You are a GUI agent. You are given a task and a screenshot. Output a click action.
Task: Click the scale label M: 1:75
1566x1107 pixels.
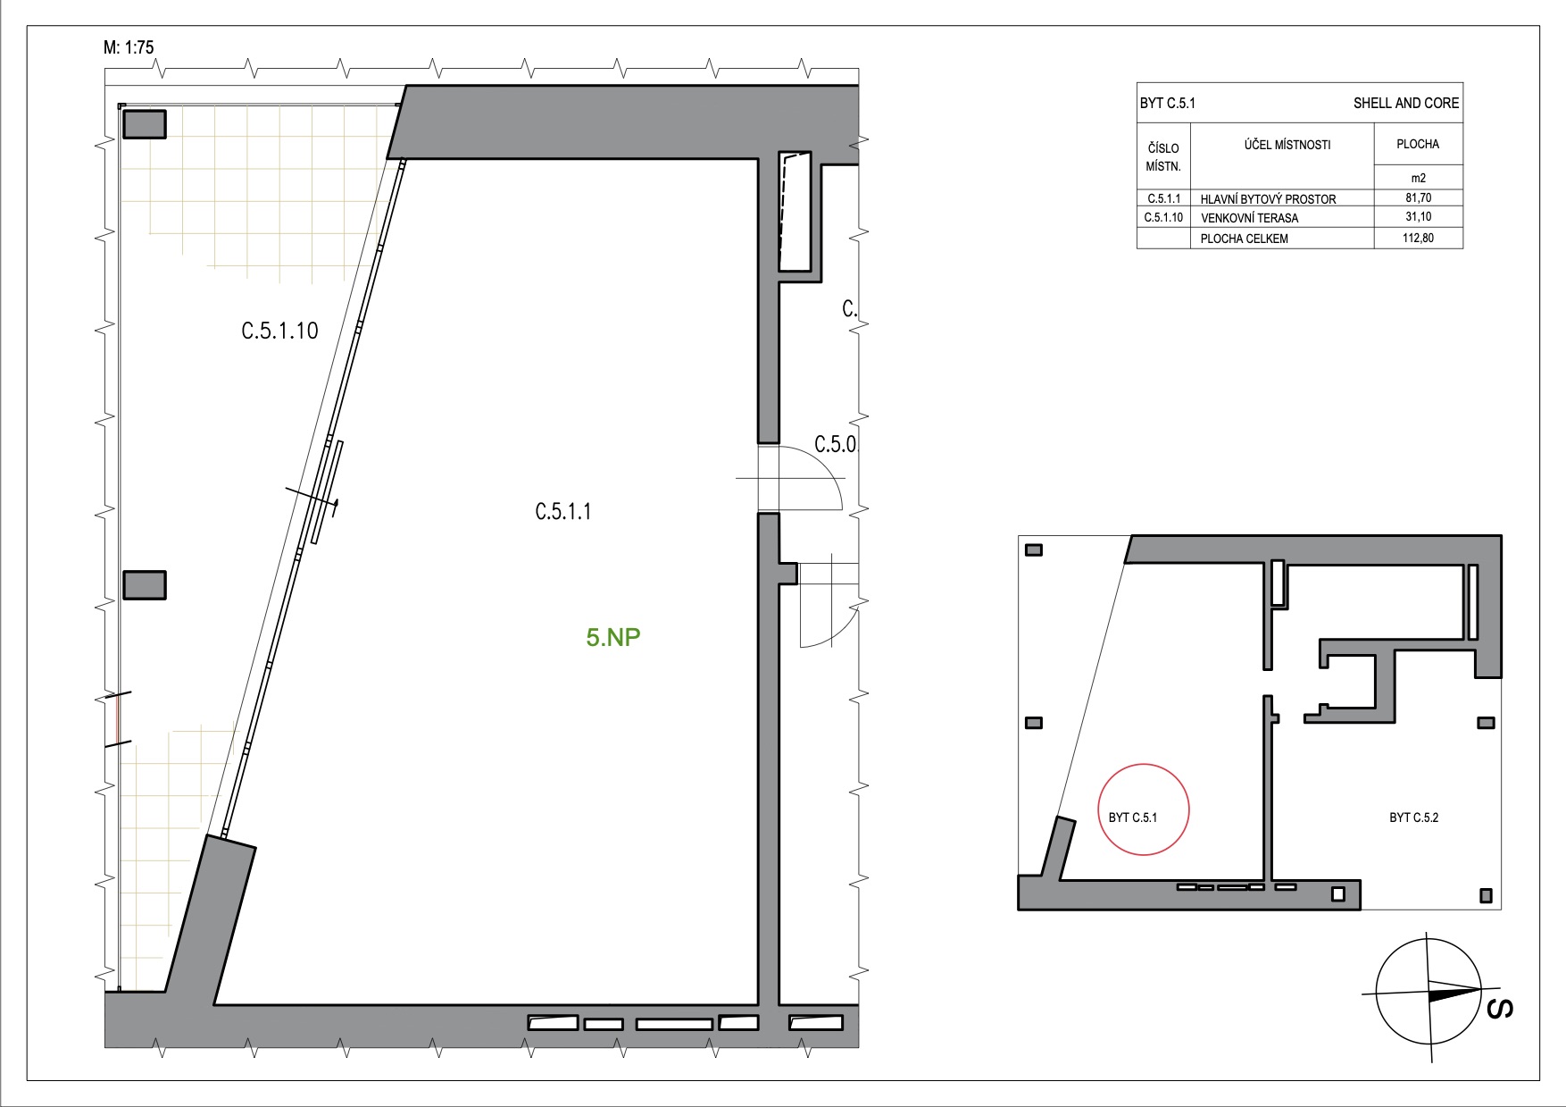pyautogui.click(x=129, y=47)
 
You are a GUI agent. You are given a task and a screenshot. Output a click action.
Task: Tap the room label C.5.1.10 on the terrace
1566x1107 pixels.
pyautogui.click(x=279, y=331)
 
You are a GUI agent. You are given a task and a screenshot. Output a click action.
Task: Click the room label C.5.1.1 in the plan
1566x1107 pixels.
pyautogui.click(x=563, y=512)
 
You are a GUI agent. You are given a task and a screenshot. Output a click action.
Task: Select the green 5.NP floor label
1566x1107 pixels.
pyautogui.click(x=613, y=637)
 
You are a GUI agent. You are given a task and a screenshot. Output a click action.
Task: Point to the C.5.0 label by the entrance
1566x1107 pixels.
pyautogui.click(x=835, y=444)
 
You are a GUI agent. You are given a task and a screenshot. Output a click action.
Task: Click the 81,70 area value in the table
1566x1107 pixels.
pyautogui.click(x=1418, y=198)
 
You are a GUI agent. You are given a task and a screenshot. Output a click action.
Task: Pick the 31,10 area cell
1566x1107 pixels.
pyautogui.click(x=1418, y=216)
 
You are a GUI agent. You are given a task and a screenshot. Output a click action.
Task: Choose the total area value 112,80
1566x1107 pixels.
pyautogui.click(x=1418, y=238)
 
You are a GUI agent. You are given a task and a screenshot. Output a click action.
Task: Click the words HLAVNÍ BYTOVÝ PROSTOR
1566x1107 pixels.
pyautogui.click(x=1268, y=199)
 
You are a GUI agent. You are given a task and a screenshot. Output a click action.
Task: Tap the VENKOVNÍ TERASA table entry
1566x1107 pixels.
pyautogui.click(x=1249, y=218)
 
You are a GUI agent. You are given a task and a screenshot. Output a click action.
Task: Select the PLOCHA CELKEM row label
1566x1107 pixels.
pyautogui.click(x=1244, y=239)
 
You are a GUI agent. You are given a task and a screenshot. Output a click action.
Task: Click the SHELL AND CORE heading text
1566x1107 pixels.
pyautogui.click(x=1406, y=103)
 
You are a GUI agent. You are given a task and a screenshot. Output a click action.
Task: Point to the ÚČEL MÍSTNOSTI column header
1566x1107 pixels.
pyautogui.click(x=1287, y=144)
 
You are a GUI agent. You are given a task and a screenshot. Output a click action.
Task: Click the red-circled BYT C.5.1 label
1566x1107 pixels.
pyautogui.click(x=1133, y=818)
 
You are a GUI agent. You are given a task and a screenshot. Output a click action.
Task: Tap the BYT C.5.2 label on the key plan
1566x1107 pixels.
pyautogui.click(x=1414, y=818)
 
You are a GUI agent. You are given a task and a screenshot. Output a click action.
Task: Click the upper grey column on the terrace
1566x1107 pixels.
pyautogui.click(x=144, y=124)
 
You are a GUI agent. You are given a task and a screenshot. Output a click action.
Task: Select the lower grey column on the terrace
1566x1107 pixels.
pyautogui.click(x=144, y=585)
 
